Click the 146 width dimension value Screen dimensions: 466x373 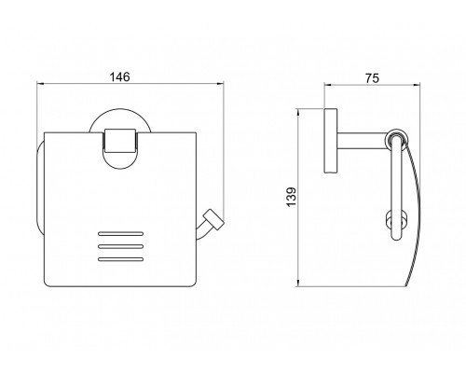(120, 76)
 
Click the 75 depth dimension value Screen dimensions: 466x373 (372, 78)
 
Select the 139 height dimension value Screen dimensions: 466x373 (291, 197)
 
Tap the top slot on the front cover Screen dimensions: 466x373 (120, 233)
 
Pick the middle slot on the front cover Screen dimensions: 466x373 (120, 246)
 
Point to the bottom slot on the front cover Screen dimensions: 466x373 (120, 259)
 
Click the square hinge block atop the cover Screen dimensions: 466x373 (120, 141)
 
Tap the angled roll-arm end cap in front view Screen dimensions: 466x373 (212, 220)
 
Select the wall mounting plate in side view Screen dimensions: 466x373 (331, 141)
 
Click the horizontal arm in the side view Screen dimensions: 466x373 (362, 141)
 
